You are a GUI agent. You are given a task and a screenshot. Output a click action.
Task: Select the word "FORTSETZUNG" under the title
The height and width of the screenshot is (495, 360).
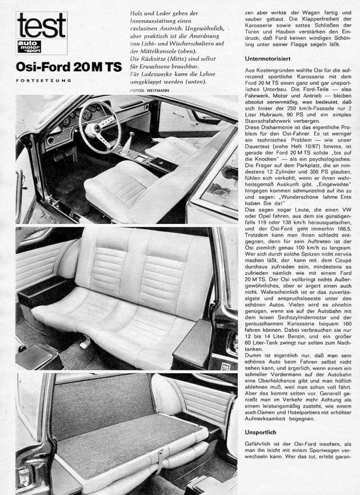point(43,81)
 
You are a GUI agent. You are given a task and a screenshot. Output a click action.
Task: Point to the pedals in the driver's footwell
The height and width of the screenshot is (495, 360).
point(66,154)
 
